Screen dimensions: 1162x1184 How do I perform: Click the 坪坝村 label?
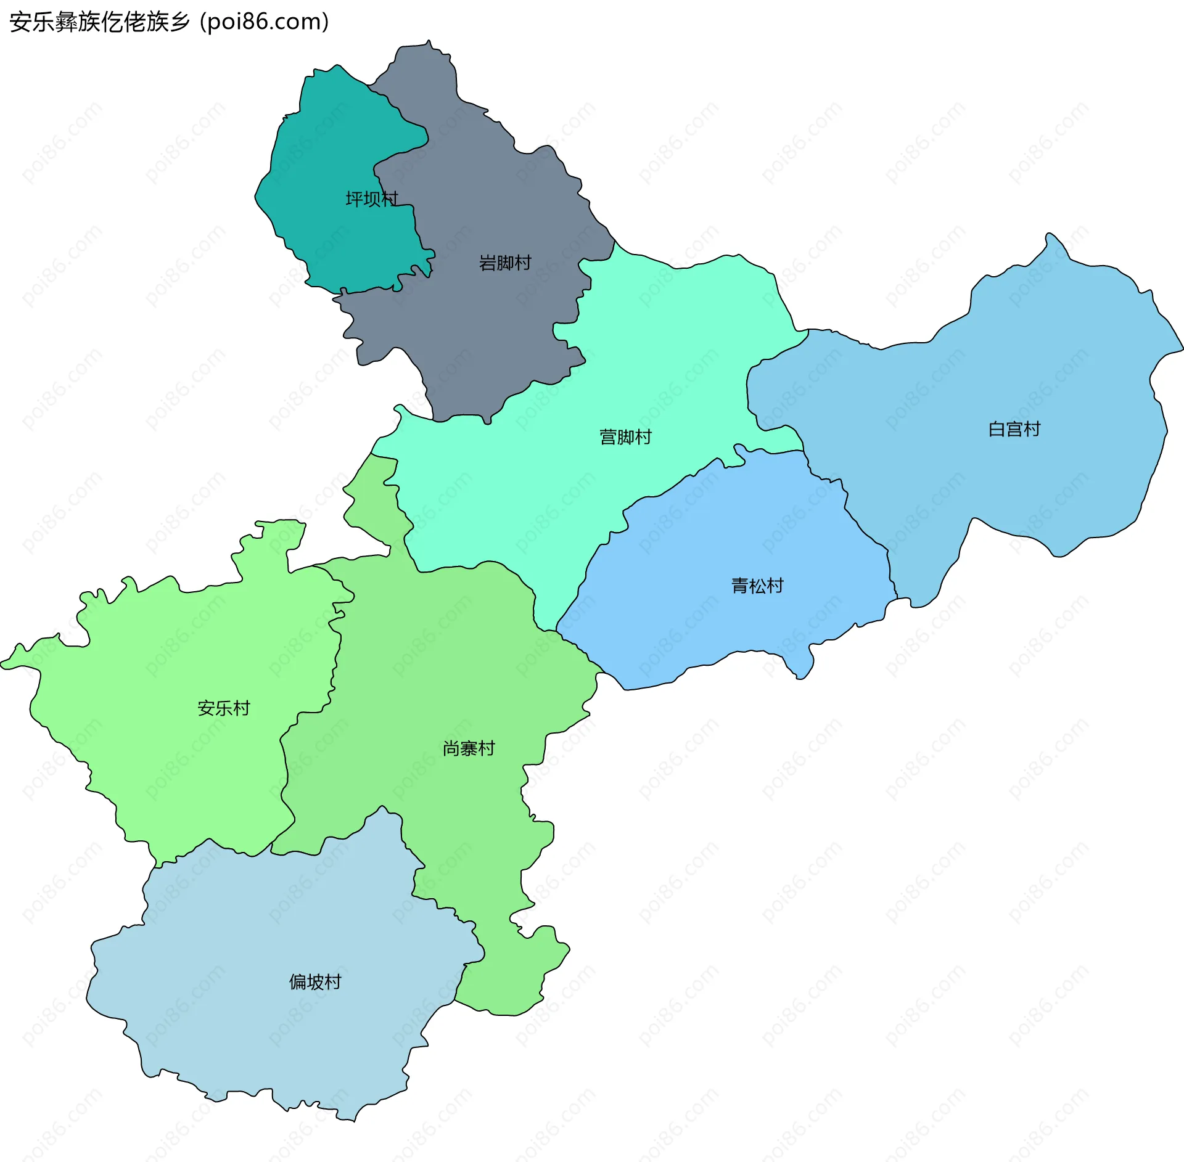[x=371, y=198]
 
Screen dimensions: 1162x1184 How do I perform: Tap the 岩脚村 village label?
[x=505, y=263]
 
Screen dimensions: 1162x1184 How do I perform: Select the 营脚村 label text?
[x=625, y=436]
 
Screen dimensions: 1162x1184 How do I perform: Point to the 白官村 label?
[x=1014, y=428]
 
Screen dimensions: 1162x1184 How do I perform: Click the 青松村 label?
[x=757, y=585]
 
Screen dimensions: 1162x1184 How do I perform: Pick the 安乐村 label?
[x=223, y=708]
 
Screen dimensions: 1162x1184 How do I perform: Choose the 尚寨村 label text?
[x=469, y=748]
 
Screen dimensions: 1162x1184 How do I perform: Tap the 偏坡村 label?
[x=315, y=981]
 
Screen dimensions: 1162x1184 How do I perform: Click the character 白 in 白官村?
[x=997, y=428]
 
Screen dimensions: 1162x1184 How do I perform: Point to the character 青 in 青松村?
[x=740, y=585]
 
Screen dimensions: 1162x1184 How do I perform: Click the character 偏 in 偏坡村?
[x=298, y=981]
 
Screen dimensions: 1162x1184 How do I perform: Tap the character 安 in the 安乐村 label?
[x=206, y=708]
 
